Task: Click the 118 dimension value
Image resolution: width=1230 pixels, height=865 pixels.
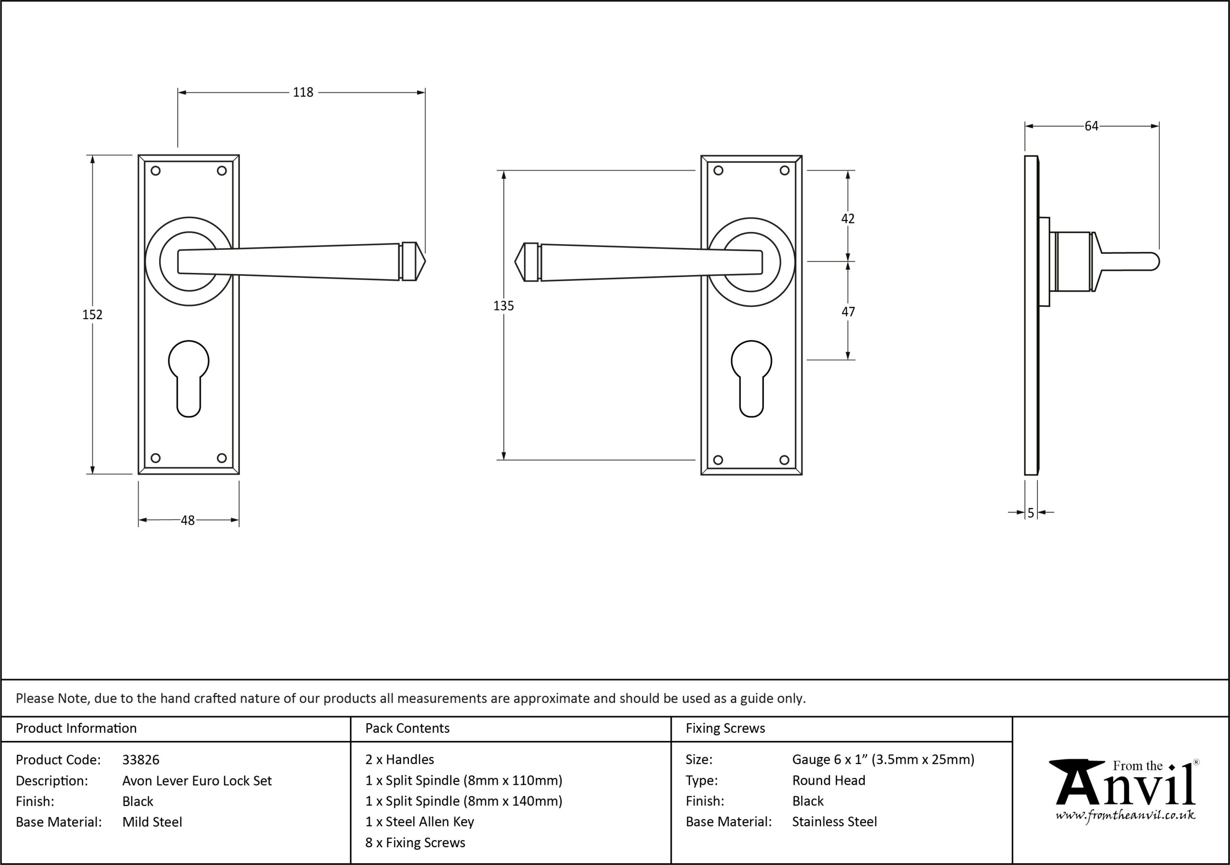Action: [303, 92]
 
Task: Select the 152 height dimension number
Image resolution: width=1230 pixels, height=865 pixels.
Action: [92, 315]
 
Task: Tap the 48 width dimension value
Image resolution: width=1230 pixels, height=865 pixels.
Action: [187, 520]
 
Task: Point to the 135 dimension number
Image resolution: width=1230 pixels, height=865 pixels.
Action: [504, 306]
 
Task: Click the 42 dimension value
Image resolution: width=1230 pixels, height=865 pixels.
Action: [848, 218]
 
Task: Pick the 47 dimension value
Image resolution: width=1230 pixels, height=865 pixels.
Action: [848, 311]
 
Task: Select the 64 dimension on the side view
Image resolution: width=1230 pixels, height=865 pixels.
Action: [1091, 126]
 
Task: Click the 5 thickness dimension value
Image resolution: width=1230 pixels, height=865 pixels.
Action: [1031, 513]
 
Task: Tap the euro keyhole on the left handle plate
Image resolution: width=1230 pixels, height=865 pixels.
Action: [188, 379]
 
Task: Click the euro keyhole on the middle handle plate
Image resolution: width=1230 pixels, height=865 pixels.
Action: [751, 379]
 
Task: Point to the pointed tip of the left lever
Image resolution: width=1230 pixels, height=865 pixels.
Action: [425, 261]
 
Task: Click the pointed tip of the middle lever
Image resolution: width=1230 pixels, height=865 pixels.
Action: [515, 262]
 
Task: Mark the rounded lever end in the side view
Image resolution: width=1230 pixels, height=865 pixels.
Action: [1155, 261]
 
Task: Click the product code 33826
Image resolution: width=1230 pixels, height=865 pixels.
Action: [141, 759]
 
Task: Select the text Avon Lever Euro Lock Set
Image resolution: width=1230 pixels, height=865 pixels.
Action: [197, 780]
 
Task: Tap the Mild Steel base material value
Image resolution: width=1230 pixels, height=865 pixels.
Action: [152, 822]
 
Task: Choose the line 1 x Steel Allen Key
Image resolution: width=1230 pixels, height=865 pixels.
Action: [419, 822]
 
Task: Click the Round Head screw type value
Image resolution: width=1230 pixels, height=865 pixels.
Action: [829, 780]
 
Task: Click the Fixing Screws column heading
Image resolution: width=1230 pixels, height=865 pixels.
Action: [726, 729]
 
